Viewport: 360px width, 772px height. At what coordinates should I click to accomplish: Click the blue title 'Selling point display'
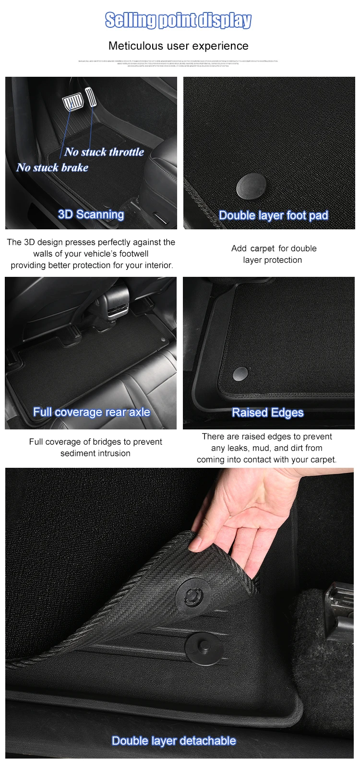click(178, 20)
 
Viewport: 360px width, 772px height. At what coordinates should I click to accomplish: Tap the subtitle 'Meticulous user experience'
click(178, 46)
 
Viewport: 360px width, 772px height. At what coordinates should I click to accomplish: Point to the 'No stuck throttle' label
click(104, 152)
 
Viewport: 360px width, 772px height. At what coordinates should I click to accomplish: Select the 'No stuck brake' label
click(52, 167)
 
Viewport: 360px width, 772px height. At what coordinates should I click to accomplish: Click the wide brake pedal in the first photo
click(73, 102)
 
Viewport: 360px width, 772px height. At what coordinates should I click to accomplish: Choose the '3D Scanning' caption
click(91, 214)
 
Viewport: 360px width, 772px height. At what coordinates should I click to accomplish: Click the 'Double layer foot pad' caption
click(273, 215)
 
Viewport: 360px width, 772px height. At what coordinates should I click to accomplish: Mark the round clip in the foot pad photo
click(252, 187)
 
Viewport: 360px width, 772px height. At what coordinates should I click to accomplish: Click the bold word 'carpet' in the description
click(262, 249)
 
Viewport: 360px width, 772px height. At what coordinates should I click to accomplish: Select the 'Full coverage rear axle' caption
click(91, 412)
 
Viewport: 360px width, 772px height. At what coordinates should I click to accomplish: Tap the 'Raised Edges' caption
click(267, 413)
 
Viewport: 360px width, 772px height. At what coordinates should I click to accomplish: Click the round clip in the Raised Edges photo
click(240, 373)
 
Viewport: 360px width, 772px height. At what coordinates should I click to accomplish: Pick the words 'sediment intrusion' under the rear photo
click(95, 453)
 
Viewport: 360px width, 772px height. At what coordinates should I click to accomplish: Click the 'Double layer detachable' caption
click(174, 741)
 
